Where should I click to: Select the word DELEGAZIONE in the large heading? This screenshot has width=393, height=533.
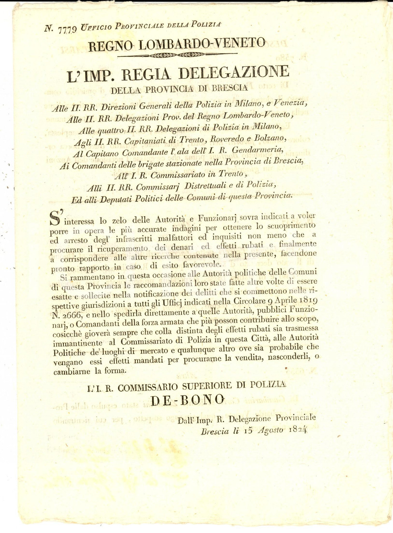click(233, 73)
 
